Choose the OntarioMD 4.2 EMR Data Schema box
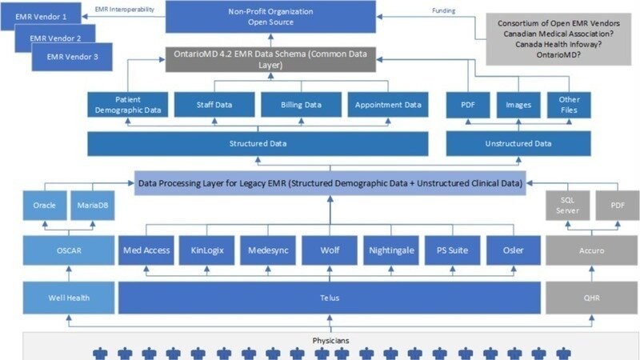(x=270, y=58)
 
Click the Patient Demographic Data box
(x=128, y=105)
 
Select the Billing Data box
(x=301, y=105)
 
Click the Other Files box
(x=563, y=105)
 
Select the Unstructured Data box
(x=518, y=144)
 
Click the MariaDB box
(x=89, y=205)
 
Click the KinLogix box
(x=208, y=250)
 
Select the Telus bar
(x=329, y=298)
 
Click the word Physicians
(x=330, y=341)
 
